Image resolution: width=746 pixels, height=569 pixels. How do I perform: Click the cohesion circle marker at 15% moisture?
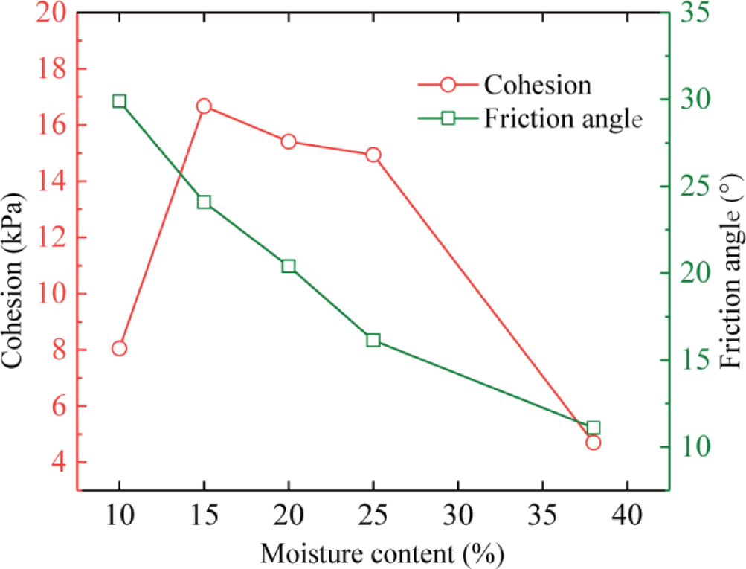204,106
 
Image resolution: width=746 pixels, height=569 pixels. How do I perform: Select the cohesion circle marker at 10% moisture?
119,348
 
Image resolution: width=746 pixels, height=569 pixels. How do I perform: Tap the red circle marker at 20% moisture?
289,142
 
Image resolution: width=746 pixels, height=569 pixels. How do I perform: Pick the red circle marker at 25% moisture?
373,155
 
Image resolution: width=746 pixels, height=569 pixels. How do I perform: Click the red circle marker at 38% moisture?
593,442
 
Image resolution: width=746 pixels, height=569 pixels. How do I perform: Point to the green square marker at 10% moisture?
119,101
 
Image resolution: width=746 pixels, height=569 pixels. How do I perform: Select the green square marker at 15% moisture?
204,202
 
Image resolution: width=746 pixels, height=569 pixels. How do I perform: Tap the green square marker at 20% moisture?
289,266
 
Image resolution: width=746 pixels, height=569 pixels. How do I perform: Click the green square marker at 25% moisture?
373,340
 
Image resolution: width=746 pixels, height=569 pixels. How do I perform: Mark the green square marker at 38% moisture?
593,428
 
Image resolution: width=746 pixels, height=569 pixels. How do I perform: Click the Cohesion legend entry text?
538,85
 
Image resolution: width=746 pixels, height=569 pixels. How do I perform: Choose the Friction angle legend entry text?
562,118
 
